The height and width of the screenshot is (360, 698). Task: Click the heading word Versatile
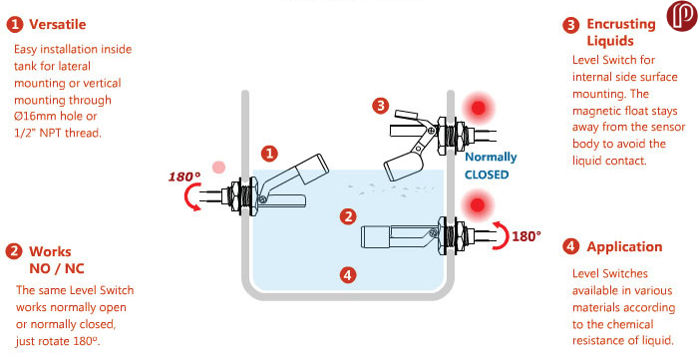click(x=58, y=25)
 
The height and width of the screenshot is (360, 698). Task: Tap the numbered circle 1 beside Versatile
click(x=14, y=25)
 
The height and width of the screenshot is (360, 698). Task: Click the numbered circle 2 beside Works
click(x=14, y=251)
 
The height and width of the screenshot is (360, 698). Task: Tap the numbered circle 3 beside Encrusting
click(x=570, y=25)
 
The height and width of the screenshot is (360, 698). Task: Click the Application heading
click(x=624, y=246)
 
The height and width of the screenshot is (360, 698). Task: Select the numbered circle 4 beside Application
click(x=570, y=246)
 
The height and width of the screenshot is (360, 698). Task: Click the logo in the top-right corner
click(x=681, y=16)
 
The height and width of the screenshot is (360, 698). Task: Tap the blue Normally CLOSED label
click(x=491, y=166)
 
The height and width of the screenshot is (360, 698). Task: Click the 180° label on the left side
click(x=184, y=177)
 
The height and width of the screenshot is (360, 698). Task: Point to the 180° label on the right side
click(x=526, y=236)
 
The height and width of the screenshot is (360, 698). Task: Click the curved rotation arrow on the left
click(x=188, y=198)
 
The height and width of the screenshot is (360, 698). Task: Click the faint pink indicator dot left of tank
click(x=218, y=168)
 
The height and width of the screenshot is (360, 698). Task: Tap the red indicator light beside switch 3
click(x=478, y=108)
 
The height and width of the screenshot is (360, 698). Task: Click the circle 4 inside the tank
click(x=348, y=275)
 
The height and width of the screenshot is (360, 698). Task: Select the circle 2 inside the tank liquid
click(x=348, y=216)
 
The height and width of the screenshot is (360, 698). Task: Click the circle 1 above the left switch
click(x=269, y=154)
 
